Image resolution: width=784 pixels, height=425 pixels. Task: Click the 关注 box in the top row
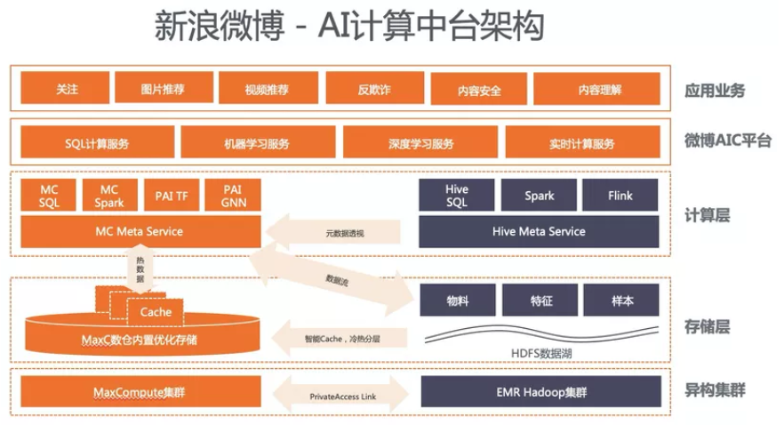click(67, 89)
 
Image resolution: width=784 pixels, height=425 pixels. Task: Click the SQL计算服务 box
click(95, 142)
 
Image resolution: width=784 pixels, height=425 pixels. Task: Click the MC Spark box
click(109, 196)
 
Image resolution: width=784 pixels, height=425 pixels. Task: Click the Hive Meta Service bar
click(539, 231)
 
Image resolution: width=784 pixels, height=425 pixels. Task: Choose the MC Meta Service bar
click(139, 232)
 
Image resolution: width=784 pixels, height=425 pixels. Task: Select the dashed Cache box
click(156, 312)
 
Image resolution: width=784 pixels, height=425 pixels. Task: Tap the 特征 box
click(540, 301)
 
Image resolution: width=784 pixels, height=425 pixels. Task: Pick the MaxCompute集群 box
click(139, 392)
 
